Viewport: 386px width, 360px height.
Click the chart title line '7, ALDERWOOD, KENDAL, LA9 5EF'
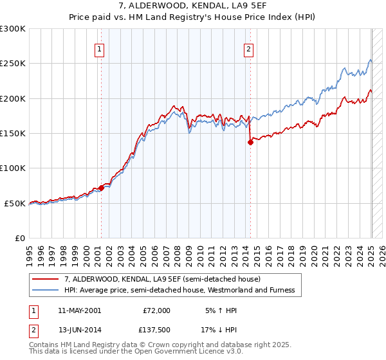point(193,6)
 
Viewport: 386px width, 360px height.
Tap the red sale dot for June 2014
point(250,143)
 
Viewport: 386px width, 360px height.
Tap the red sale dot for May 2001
point(101,188)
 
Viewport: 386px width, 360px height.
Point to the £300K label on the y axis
point(14,29)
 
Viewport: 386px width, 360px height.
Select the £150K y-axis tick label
point(14,134)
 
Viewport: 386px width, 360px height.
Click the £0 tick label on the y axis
point(19,238)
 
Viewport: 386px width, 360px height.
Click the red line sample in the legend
point(46,279)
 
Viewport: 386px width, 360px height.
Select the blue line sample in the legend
point(46,290)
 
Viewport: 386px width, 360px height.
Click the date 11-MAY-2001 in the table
point(79,310)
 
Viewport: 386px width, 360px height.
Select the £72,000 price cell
point(156,310)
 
